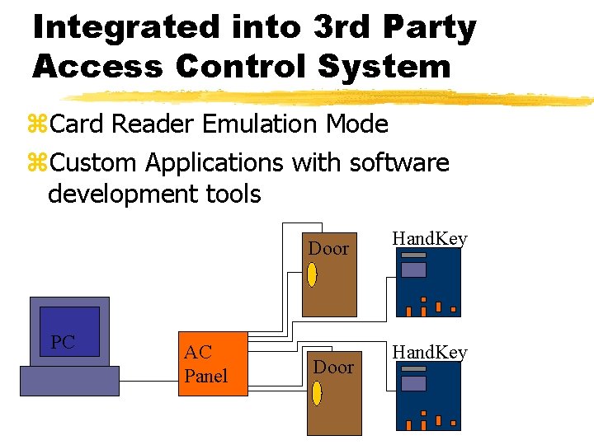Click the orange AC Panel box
pyautogui.click(x=212, y=364)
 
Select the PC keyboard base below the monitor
pyautogui.click(x=69, y=381)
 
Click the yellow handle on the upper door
pyautogui.click(x=312, y=274)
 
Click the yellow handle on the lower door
pyautogui.click(x=317, y=393)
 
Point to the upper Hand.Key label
pyautogui.click(x=430, y=239)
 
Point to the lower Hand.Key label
pyautogui.click(x=430, y=353)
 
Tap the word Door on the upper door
pyautogui.click(x=328, y=248)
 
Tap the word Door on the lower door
pyautogui.click(x=334, y=367)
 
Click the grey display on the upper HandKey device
pyautogui.click(x=413, y=269)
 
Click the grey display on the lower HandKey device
pyautogui.click(x=413, y=383)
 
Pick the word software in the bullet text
pyautogui.click(x=399, y=162)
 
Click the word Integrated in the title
pyautogui.click(x=121, y=27)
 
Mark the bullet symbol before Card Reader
pyautogui.click(x=38, y=125)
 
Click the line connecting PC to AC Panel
pyautogui.click(x=148, y=381)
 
